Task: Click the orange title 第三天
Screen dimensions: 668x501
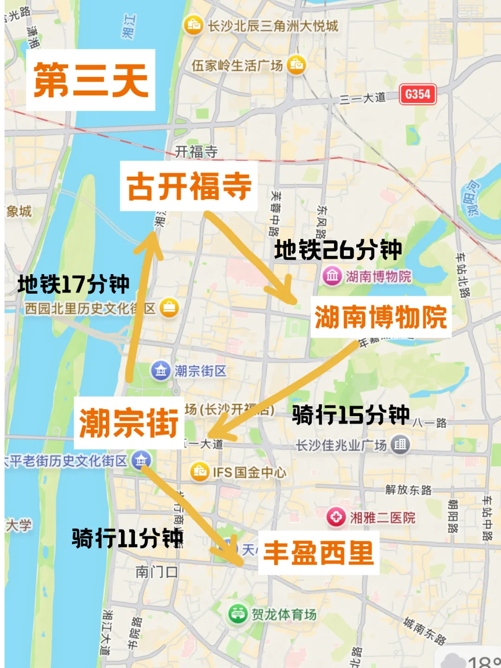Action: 91,80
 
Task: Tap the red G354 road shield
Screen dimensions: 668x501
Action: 417,95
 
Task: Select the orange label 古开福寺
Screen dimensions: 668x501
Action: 189,186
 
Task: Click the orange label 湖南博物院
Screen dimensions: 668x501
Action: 380,317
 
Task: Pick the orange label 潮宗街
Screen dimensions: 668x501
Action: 128,423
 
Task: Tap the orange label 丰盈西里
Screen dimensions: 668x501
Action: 319,553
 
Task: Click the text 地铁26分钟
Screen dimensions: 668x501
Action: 338,250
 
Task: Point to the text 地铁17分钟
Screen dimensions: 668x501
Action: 73,284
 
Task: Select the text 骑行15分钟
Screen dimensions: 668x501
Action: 351,415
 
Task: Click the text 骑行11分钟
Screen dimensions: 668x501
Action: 128,538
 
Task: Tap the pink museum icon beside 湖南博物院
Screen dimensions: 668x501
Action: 332,276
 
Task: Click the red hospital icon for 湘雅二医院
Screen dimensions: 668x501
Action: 336,517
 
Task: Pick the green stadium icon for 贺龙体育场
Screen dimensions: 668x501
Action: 238,614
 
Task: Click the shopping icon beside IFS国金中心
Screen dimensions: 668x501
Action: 200,472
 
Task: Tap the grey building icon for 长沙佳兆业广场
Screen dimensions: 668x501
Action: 399,444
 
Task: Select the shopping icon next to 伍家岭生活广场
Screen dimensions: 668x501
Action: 296,64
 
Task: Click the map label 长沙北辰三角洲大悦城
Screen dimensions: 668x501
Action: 273,26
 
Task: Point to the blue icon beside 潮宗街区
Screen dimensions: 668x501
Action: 161,371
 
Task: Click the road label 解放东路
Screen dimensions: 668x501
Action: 408,490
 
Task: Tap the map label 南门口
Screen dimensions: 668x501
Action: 156,572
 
